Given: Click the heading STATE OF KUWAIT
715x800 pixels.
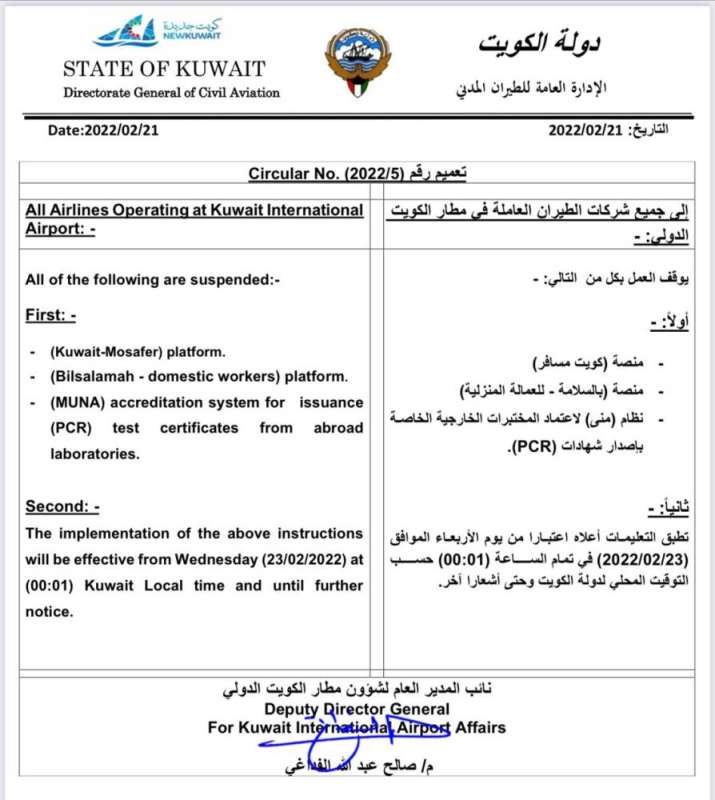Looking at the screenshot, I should point(164,70).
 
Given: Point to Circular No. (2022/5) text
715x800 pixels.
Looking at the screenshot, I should point(326,174).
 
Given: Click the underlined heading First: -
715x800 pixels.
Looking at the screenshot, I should point(51,316).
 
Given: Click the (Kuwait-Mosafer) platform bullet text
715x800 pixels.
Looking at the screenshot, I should point(136,353).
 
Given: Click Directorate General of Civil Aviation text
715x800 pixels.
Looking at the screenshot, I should point(171,93).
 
